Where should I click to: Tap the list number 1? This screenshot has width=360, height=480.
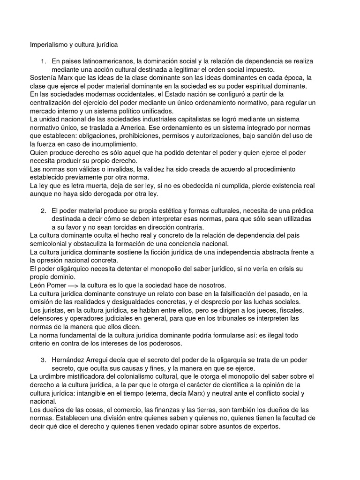pos(43,61)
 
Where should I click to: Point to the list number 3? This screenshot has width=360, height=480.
pos(43,359)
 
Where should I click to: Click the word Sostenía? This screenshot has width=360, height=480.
pos(44,78)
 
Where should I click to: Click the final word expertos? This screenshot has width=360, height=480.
pos(265,426)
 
